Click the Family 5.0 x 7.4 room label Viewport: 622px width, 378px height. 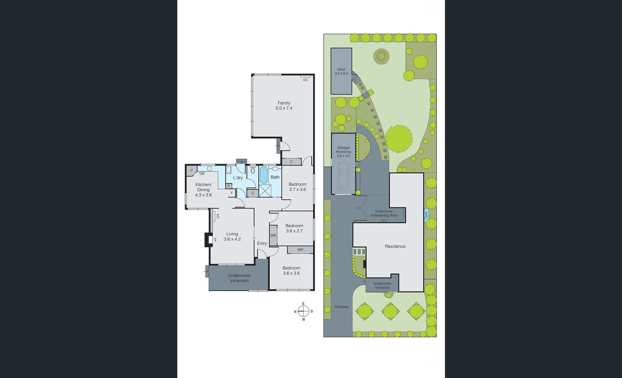pyautogui.click(x=284, y=105)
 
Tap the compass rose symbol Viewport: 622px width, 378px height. pyautogui.click(x=303, y=311)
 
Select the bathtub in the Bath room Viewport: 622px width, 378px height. pyautogui.click(x=263, y=175)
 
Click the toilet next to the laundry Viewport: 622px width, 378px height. pyautogui.click(x=253, y=170)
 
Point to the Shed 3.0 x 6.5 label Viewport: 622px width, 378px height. pyautogui.click(x=341, y=71)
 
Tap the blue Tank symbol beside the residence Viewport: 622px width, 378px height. pyautogui.click(x=426, y=215)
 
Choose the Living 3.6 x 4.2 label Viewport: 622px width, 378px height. pyautogui.click(x=232, y=237)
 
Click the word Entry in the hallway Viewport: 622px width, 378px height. pyautogui.click(x=262, y=243)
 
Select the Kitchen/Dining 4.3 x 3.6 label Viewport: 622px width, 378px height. pyautogui.click(x=203, y=190)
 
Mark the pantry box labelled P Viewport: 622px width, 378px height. pyautogui.click(x=191, y=170)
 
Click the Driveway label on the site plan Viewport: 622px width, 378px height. pyautogui.click(x=342, y=307)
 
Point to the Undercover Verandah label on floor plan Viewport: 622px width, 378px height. pyautogui.click(x=239, y=278)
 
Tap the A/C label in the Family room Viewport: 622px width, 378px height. pyautogui.click(x=305, y=80)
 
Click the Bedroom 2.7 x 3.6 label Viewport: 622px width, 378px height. pyautogui.click(x=297, y=187)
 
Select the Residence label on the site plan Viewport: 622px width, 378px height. pyautogui.click(x=395, y=246)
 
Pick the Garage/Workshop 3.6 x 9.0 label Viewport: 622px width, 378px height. pyautogui.click(x=343, y=152)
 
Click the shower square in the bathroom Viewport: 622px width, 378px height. pyautogui.click(x=265, y=191)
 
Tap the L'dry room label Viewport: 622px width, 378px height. pyautogui.click(x=238, y=178)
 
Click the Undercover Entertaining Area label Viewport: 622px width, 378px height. pyautogui.click(x=384, y=213)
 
